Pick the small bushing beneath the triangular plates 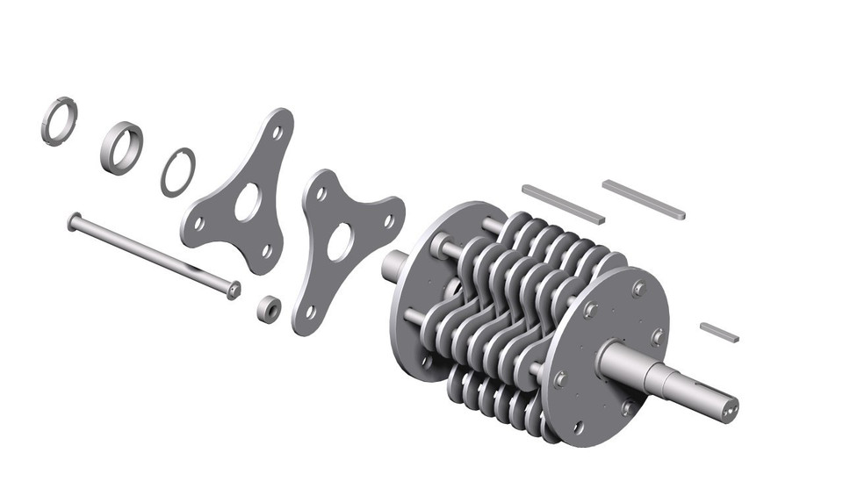[267, 308]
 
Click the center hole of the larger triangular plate [248, 202]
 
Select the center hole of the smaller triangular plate [340, 241]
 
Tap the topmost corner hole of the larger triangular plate [277, 133]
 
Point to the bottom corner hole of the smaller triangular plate [310, 311]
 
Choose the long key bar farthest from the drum [644, 198]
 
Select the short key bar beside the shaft [719, 332]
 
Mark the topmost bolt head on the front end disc [638, 288]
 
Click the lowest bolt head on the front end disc [577, 427]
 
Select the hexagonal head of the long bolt [234, 291]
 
